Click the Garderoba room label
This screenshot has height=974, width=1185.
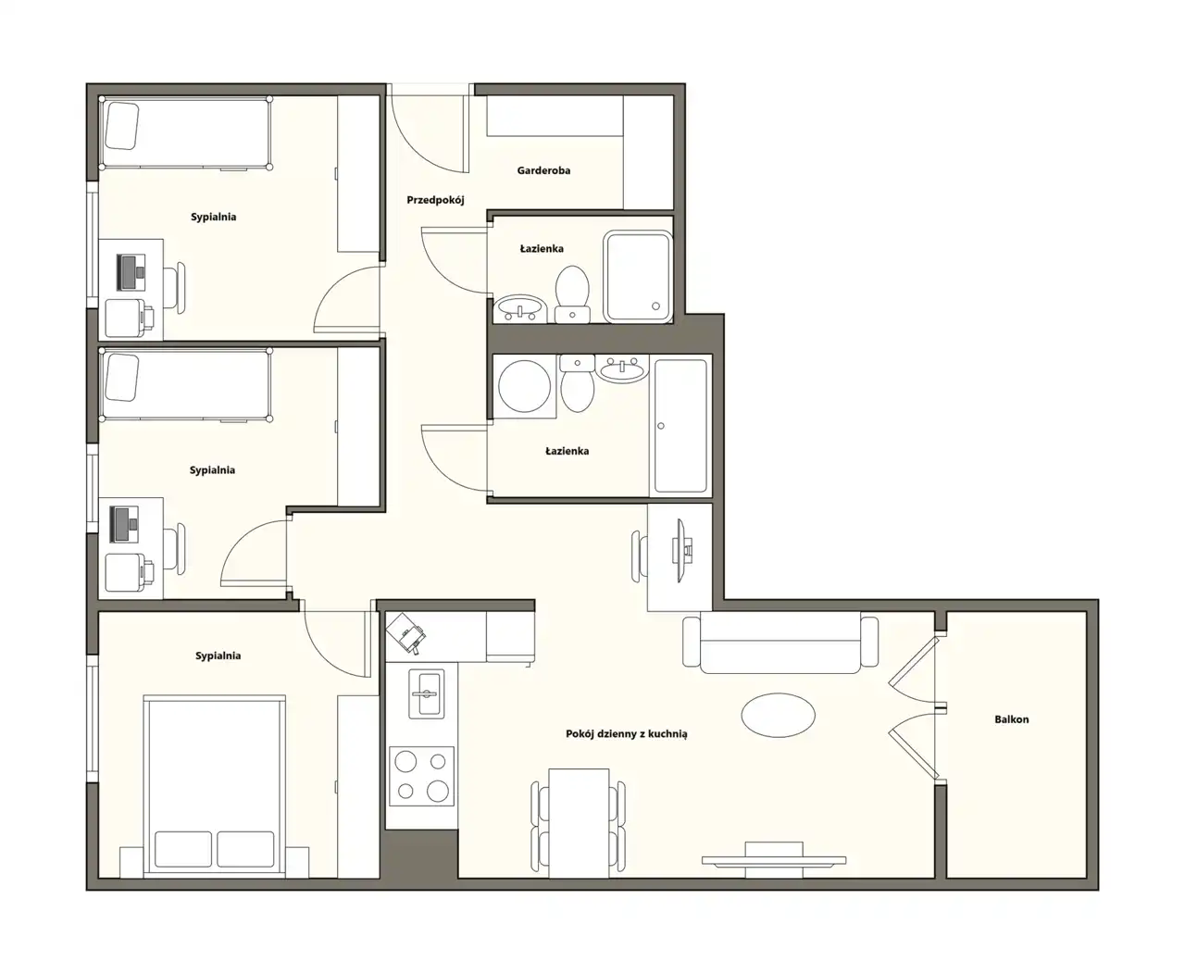pyautogui.click(x=543, y=170)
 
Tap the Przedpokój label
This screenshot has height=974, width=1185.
pyautogui.click(x=435, y=200)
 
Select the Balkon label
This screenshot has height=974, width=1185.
pyautogui.click(x=1011, y=718)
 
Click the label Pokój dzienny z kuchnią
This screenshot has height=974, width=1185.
pyautogui.click(x=626, y=733)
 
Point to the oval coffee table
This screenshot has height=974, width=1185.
pyautogui.click(x=778, y=715)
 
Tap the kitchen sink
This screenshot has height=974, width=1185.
pyautogui.click(x=425, y=693)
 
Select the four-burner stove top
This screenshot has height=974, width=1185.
pyautogui.click(x=421, y=776)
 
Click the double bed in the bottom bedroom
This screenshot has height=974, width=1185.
pyautogui.click(x=214, y=786)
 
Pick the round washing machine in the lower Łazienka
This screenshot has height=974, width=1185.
pyautogui.click(x=524, y=386)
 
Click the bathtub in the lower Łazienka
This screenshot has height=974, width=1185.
pyautogui.click(x=680, y=426)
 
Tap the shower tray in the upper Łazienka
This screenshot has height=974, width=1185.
pyautogui.click(x=638, y=277)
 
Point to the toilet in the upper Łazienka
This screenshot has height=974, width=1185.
pyautogui.click(x=572, y=294)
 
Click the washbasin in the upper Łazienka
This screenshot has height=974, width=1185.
pyautogui.click(x=520, y=308)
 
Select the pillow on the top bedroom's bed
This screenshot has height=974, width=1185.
pyautogui.click(x=121, y=126)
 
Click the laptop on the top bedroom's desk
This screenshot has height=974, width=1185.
pyautogui.click(x=131, y=272)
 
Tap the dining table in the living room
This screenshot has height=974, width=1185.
pyautogui.click(x=579, y=823)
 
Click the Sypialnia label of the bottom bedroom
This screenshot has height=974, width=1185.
pyautogui.click(x=218, y=656)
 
